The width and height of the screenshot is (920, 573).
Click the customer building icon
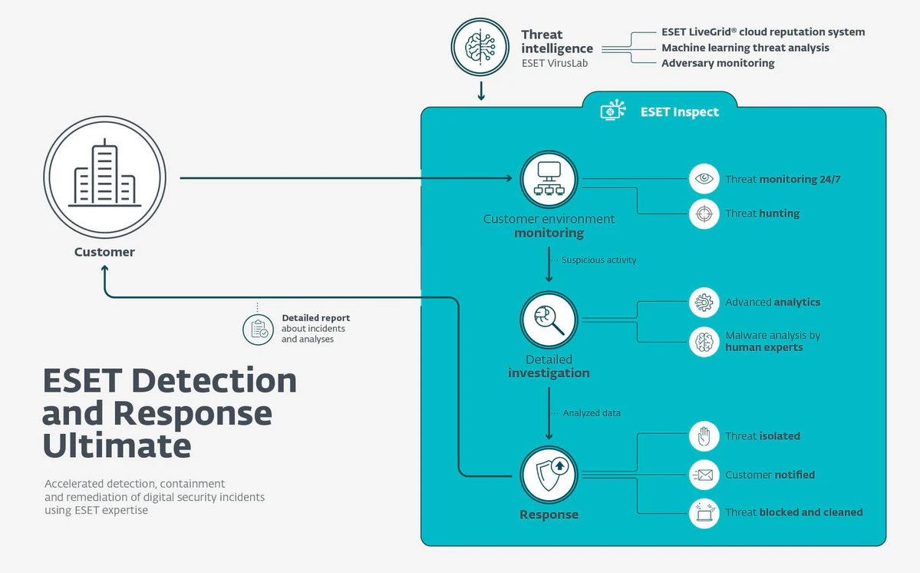[x=104, y=177]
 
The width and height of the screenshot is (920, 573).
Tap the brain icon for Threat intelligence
[x=480, y=46]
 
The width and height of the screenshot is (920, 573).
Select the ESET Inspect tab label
[x=679, y=112]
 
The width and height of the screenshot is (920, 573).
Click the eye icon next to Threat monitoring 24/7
[x=704, y=179]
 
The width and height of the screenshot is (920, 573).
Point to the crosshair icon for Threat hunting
[x=704, y=214]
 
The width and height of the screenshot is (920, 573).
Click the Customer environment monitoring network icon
[x=549, y=178]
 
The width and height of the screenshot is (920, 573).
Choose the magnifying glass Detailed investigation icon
[x=549, y=320]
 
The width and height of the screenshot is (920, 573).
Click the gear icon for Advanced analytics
[x=704, y=303]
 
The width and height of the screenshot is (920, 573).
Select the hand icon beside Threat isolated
[x=704, y=436]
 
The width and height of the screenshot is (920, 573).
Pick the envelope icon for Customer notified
[x=704, y=475]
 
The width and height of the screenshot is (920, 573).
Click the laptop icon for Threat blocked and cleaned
[x=704, y=512]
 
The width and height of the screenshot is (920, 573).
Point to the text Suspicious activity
[x=598, y=260]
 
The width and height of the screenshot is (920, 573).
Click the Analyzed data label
[x=591, y=413]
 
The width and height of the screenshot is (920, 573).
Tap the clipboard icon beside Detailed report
[x=258, y=329]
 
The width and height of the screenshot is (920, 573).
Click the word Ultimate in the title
[x=117, y=446]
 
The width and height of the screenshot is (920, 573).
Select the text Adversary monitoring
[x=717, y=63]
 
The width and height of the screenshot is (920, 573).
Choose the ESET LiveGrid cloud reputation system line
[x=763, y=32]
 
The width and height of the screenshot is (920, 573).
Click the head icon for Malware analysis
[x=704, y=342]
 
